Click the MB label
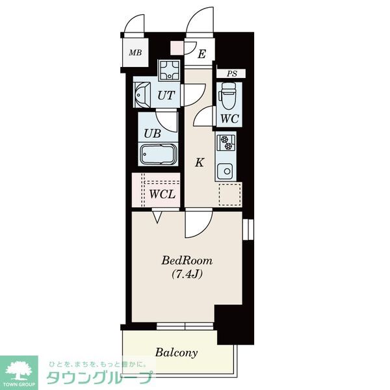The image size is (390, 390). click(135, 53)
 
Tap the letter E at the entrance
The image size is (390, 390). click(201, 54)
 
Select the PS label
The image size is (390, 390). click(232, 73)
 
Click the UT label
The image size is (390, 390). click(166, 96)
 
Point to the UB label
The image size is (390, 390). click(152, 133)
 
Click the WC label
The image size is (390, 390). click(229, 119)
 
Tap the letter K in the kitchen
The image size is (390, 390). click(200, 162)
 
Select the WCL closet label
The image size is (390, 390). click(162, 194)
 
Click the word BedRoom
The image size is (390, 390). click(187, 261)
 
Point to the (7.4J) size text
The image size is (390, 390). click(187, 274)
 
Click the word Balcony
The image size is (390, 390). click(177, 352)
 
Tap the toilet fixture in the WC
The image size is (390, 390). click(227, 96)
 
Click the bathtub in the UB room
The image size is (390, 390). click(158, 155)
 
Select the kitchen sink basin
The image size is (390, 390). click(225, 171)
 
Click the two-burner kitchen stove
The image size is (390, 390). click(226, 142)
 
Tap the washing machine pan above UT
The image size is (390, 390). click(170, 70)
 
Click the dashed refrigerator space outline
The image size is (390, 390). click(230, 195)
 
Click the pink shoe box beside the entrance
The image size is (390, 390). click(177, 48)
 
